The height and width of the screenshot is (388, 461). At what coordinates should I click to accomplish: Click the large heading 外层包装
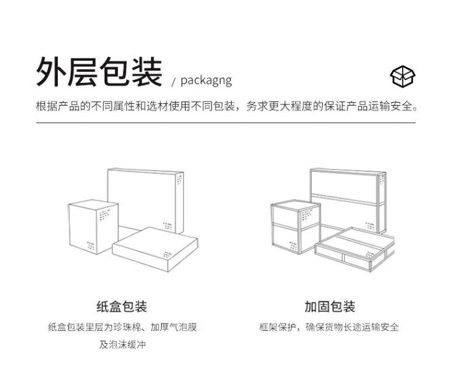coord(99,73)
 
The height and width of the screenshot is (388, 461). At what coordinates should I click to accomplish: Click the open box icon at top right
coord(403,76)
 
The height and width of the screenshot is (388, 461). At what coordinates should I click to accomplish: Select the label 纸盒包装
coord(122,306)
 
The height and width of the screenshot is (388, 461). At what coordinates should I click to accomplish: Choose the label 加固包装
coord(329,306)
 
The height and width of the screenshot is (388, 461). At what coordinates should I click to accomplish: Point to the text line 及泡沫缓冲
coord(122,345)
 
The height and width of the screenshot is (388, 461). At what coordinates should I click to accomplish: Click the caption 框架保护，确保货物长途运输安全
coord(329,327)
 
